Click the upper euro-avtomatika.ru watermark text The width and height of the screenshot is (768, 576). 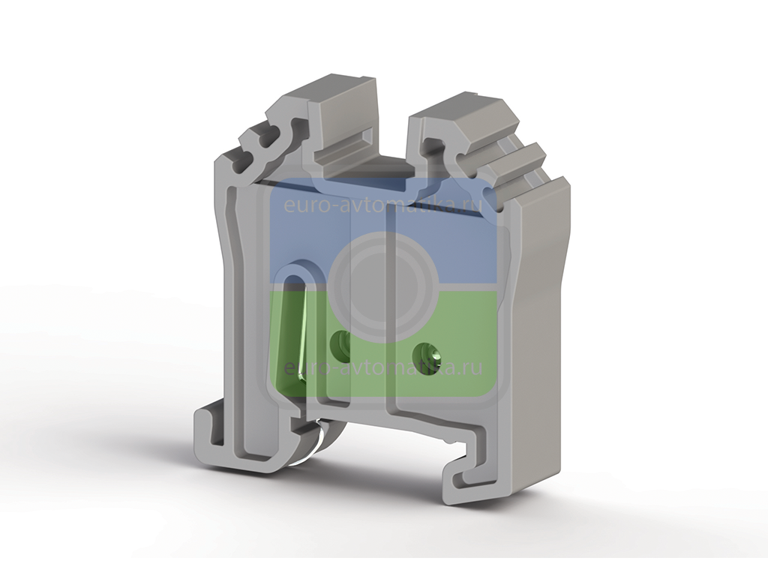[383, 204]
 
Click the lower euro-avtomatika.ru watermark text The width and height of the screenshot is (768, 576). [383, 367]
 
